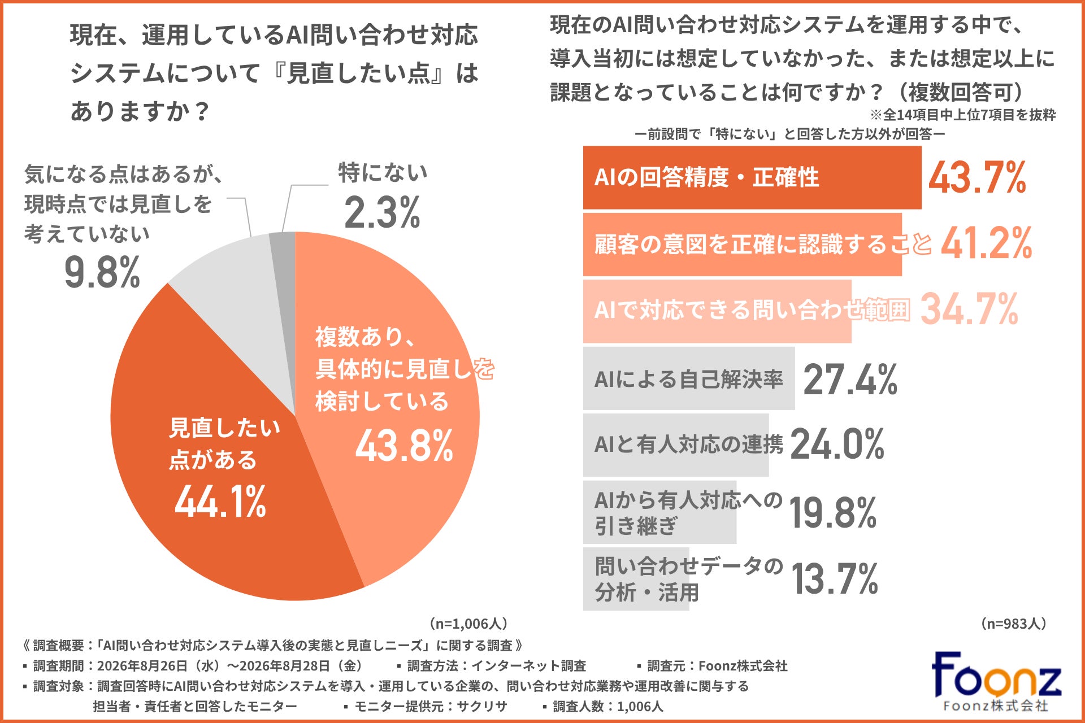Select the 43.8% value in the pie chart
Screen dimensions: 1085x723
pyautogui.click(x=404, y=446)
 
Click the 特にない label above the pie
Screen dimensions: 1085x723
pyautogui.click(x=383, y=173)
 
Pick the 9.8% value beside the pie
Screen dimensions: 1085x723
pyautogui.click(x=102, y=272)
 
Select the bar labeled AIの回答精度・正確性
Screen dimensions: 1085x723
pyautogui.click(x=752, y=177)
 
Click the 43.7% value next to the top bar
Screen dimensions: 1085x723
pyautogui.click(x=977, y=177)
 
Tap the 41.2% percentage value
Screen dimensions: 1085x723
pyautogui.click(x=987, y=243)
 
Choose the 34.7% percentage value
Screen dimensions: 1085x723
pyautogui.click(x=970, y=309)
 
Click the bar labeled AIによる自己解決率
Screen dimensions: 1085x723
pyautogui.click(x=689, y=378)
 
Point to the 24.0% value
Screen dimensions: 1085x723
pyautogui.click(x=837, y=444)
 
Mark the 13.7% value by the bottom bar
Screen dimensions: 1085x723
pyautogui.click(x=835, y=579)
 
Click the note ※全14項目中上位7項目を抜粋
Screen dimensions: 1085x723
pyautogui.click(x=963, y=115)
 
